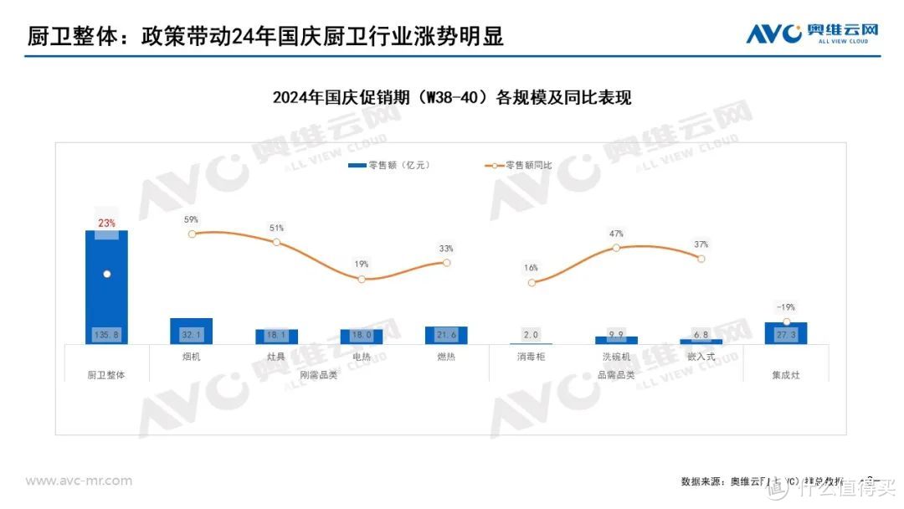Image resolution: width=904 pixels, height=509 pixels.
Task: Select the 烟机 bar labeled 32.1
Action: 191,331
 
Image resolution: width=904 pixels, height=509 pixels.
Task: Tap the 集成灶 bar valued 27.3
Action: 786,332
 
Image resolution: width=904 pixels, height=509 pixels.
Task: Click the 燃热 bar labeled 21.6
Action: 446,335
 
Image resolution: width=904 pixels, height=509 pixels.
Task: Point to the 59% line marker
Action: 192,234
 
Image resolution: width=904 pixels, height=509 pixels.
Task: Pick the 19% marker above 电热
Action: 362,279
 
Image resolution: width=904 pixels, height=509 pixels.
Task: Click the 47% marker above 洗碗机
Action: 616,247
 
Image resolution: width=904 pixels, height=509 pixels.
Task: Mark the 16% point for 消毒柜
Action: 532,283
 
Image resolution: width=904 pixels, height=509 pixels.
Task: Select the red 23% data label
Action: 106,223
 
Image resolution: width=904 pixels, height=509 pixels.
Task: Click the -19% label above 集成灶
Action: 786,307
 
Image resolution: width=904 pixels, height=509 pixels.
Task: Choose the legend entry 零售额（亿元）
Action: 388,165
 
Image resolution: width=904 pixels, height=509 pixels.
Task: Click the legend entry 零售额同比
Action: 519,165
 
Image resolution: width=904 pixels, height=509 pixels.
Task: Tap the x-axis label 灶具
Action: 276,356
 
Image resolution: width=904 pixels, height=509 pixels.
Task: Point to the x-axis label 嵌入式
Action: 701,356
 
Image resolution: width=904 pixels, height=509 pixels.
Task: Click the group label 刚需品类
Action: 318,375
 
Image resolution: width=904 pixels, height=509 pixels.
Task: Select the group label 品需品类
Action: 616,375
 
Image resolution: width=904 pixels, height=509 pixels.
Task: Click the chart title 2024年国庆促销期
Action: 452,98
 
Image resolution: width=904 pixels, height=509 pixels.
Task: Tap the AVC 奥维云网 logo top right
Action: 812,33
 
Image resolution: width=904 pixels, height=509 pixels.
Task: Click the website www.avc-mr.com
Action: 79,481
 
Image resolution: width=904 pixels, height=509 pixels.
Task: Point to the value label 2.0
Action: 532,335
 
